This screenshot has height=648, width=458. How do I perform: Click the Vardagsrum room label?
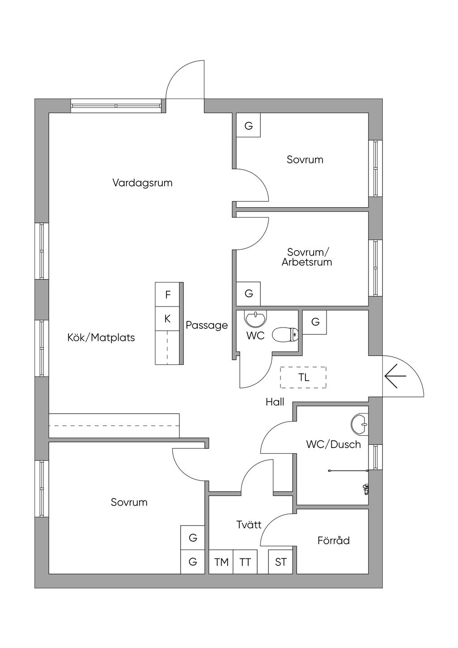(142, 183)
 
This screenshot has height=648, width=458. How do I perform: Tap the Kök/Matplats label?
(101, 337)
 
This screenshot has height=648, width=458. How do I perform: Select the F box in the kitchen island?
(168, 294)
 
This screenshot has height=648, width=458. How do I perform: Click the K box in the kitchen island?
(168, 319)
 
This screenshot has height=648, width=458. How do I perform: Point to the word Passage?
(207, 325)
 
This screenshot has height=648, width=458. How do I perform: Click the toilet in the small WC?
(285, 334)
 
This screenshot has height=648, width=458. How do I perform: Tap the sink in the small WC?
(255, 319)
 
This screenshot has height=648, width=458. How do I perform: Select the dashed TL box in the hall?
(303, 377)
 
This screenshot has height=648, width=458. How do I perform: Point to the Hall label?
(275, 402)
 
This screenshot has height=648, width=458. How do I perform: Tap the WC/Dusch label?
(333, 444)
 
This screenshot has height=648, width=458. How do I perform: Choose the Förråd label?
(333, 541)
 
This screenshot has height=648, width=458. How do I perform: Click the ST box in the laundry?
(280, 562)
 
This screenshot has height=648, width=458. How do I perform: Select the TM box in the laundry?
(221, 562)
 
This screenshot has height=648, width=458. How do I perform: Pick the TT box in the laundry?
(245, 562)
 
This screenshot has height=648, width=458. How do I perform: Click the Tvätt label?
(249, 524)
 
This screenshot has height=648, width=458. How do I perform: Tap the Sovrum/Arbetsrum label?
(307, 257)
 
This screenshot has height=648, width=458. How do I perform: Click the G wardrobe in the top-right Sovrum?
(248, 126)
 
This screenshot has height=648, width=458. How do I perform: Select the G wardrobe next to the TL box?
(315, 322)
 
